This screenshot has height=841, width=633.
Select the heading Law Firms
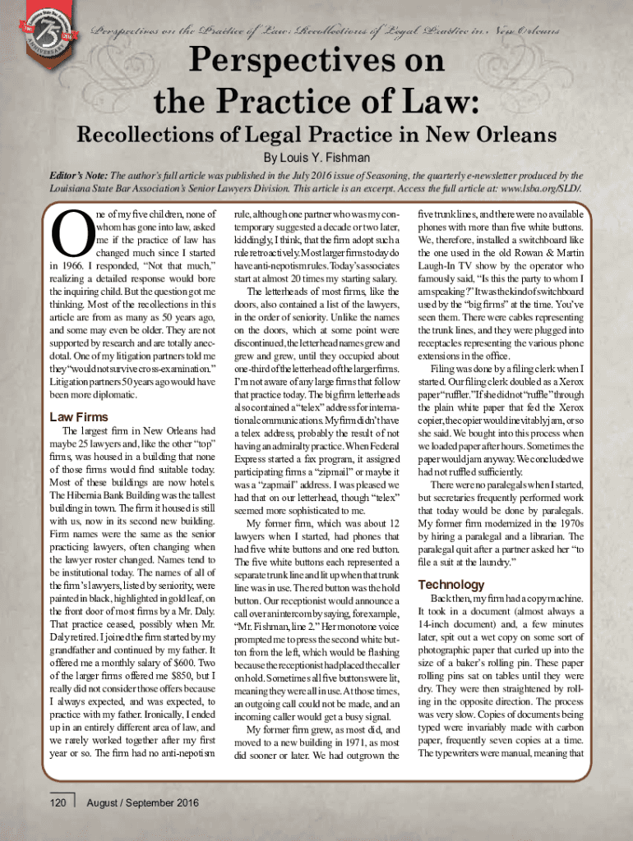tap(80, 416)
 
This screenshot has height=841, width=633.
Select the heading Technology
tap(451, 584)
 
